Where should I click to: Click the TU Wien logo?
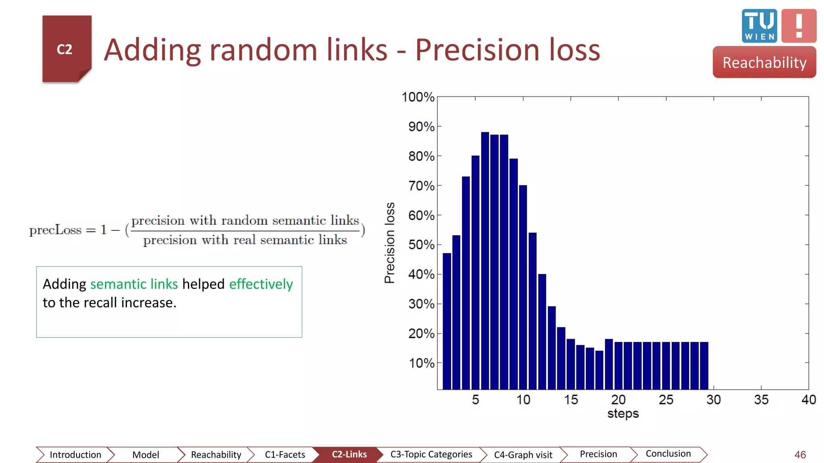pos(759,26)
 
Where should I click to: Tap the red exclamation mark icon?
pos(799,26)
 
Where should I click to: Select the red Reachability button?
pos(764,62)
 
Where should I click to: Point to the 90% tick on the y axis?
pos(421,127)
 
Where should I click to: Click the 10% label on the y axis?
pos(421,363)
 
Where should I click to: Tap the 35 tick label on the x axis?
pos(761,399)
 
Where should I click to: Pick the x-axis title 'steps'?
pos(623,414)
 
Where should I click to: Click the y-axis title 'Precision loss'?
pos(389,243)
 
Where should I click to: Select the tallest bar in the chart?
pos(485,261)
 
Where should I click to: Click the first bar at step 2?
pos(447,322)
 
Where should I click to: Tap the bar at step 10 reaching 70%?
pos(523,287)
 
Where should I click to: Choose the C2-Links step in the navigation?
pos(349,455)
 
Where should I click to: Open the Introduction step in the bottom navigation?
pos(75,455)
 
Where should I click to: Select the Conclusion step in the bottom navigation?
pos(668,454)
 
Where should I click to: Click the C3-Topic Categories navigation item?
pos(431,455)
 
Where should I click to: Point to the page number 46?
pos(800,455)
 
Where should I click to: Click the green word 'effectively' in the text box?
pos(261,284)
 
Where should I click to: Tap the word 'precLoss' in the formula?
pos(55,230)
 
